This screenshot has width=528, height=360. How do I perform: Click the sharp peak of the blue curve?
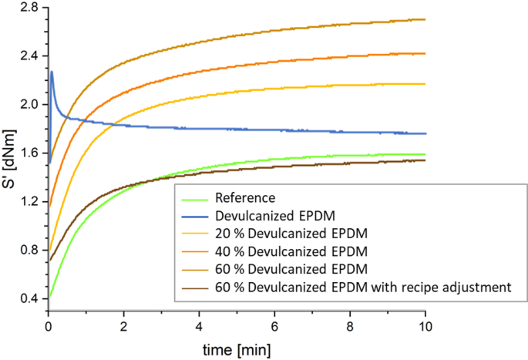pos(52,72)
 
